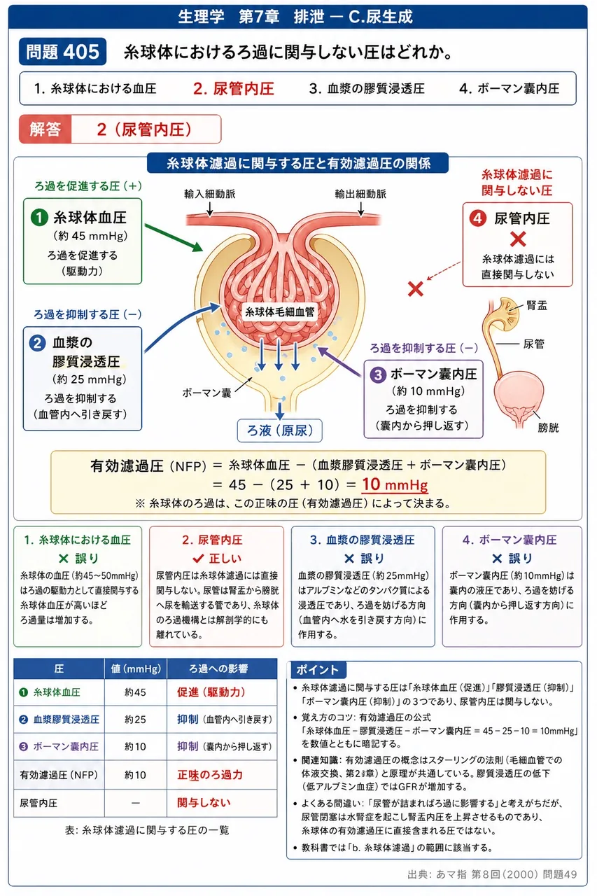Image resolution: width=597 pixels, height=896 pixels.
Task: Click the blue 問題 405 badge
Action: [62, 52]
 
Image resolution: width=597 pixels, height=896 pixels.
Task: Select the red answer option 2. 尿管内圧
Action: [234, 89]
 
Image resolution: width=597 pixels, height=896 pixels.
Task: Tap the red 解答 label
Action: [45, 129]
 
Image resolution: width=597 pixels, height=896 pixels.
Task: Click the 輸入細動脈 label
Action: [209, 194]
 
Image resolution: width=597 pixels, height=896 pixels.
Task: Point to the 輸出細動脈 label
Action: [360, 194]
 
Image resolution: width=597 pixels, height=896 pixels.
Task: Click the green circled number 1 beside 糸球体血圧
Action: [39, 218]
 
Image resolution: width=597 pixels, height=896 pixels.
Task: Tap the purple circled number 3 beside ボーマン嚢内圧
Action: [377, 374]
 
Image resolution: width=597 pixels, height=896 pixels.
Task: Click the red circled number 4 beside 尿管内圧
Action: [477, 218]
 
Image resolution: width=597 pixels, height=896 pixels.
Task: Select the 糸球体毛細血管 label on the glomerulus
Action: [280, 312]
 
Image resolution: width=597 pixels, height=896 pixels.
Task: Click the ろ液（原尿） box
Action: [279, 430]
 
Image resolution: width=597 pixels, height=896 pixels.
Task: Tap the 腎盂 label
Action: [537, 306]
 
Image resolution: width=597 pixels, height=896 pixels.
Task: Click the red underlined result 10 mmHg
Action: [395, 485]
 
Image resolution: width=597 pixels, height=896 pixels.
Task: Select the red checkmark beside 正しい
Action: [198, 558]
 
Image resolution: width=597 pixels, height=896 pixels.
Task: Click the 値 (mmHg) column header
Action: [136, 668]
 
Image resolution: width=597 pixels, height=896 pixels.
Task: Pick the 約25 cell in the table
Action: [135, 719]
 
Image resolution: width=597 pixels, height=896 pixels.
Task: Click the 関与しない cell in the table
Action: [204, 802]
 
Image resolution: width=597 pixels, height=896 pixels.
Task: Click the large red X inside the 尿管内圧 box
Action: [518, 239]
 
